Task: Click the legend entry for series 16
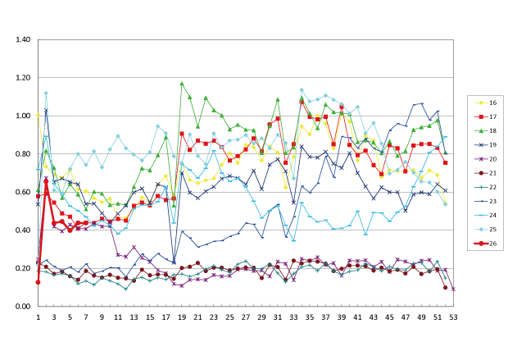[x=483, y=103]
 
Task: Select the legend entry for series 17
[x=483, y=116]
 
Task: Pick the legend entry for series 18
[x=483, y=130]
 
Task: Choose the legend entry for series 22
[x=483, y=185]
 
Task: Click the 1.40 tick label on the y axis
[x=22, y=39]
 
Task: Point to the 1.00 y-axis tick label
[x=22, y=116]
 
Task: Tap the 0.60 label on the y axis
[x=22, y=192]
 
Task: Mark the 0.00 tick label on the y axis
[x=22, y=307]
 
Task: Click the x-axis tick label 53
[x=453, y=317]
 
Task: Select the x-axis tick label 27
[x=245, y=317]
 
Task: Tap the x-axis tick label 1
[x=38, y=317]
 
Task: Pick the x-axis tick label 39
[x=341, y=317]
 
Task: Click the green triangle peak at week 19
[x=182, y=83]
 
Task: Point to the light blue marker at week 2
[x=46, y=93]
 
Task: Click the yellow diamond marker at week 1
[x=38, y=115]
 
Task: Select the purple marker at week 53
[x=453, y=289]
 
